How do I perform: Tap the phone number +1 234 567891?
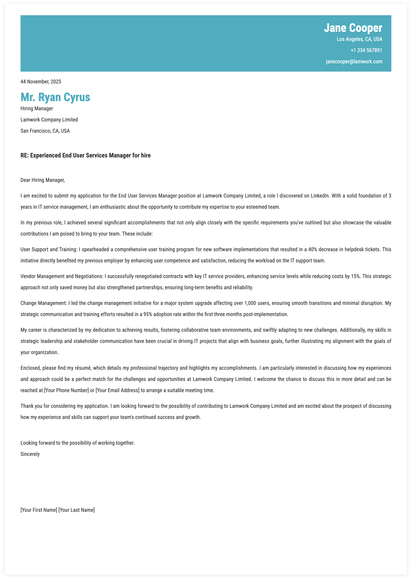tap(366, 50)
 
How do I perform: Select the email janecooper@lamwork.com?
tap(354, 62)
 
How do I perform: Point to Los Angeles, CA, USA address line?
tap(359, 39)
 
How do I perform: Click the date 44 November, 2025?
tap(41, 82)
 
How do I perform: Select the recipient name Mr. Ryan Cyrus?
tap(55, 97)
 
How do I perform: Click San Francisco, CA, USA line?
tap(45, 131)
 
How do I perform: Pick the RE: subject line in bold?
tap(86, 155)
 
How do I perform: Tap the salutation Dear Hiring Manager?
tap(42, 180)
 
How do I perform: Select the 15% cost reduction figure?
tap(355, 276)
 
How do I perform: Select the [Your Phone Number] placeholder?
tap(66, 391)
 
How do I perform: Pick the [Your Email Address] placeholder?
tap(117, 391)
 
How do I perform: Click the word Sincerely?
tap(30, 454)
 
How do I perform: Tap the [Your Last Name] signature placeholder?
tap(76, 510)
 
